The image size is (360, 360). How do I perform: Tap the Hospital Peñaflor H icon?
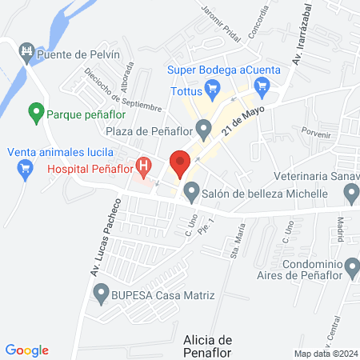[x=144, y=167]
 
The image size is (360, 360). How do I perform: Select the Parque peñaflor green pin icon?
[x=35, y=113]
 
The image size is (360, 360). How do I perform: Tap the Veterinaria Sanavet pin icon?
[x=350, y=193]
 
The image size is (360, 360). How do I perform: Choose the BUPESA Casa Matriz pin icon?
[x=101, y=295]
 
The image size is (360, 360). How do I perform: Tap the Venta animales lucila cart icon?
[x=25, y=168]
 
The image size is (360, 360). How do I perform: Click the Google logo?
[x=26, y=350]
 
